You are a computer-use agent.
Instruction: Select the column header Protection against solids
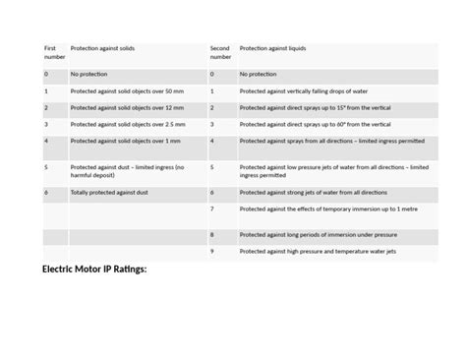point(103,48)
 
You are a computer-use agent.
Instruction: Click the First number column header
point(53,52)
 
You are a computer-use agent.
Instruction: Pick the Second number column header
point(221,52)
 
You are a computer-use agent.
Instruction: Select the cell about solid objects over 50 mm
point(121,91)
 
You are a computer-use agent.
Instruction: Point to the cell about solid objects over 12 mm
point(121,108)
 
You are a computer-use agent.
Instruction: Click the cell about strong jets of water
point(313,193)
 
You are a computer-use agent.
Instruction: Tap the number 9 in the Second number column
point(211,253)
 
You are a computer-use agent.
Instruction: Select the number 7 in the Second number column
point(211,210)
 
